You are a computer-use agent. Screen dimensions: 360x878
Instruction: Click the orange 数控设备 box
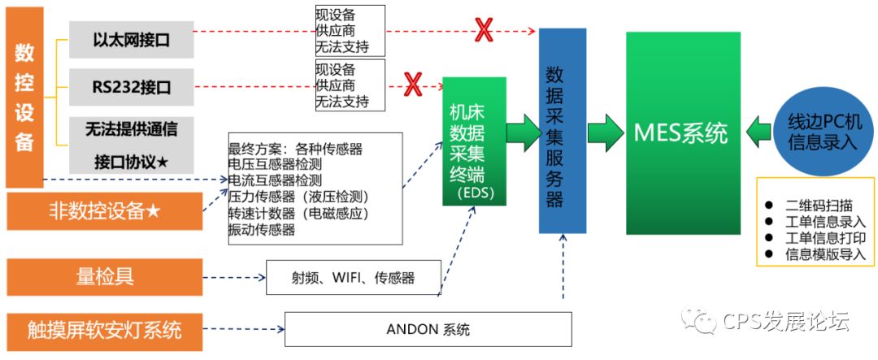pyautogui.click(x=24, y=98)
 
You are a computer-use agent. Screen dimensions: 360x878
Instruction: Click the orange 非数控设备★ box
pyautogui.click(x=104, y=213)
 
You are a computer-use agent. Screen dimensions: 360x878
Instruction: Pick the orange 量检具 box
pyautogui.click(x=104, y=277)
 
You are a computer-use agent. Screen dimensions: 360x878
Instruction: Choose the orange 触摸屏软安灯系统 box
pyautogui.click(x=104, y=330)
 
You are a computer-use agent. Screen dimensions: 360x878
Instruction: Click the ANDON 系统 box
pyautogui.click(x=428, y=329)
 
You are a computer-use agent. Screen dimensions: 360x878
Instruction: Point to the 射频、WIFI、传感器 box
pyautogui.click(x=354, y=278)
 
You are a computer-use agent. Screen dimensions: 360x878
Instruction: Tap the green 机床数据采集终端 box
pyautogui.click(x=473, y=141)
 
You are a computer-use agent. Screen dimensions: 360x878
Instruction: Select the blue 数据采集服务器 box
pyautogui.click(x=562, y=130)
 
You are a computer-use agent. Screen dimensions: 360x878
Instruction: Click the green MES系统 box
pyautogui.click(x=682, y=133)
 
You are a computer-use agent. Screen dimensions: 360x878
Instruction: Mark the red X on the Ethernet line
pyautogui.click(x=485, y=31)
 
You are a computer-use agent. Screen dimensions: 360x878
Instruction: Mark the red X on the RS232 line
pyautogui.click(x=414, y=82)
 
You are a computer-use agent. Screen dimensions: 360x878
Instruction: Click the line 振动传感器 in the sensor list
pyautogui.click(x=262, y=230)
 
